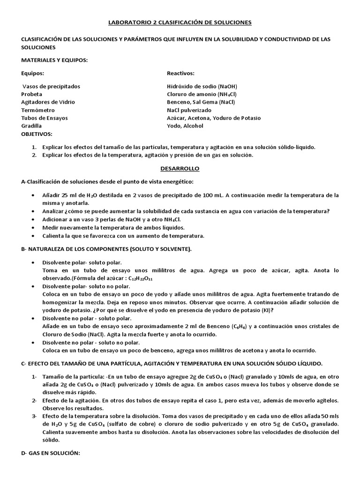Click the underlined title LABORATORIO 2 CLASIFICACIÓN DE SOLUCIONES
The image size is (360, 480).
[180, 22]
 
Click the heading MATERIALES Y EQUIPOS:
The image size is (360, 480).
[54, 60]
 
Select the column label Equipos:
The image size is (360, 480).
[33, 73]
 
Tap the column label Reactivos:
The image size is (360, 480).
[180, 73]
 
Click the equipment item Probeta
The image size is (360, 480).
[32, 94]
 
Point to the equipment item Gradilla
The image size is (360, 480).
[31, 126]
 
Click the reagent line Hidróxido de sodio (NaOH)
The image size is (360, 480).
[202, 86]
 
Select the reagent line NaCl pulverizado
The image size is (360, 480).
[189, 110]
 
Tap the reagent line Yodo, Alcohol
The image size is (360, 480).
[185, 126]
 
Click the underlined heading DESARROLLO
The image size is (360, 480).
[180, 168]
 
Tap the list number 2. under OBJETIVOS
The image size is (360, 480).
[34, 155]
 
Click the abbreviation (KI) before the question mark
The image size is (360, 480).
[265, 310]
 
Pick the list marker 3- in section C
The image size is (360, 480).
[34, 416]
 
